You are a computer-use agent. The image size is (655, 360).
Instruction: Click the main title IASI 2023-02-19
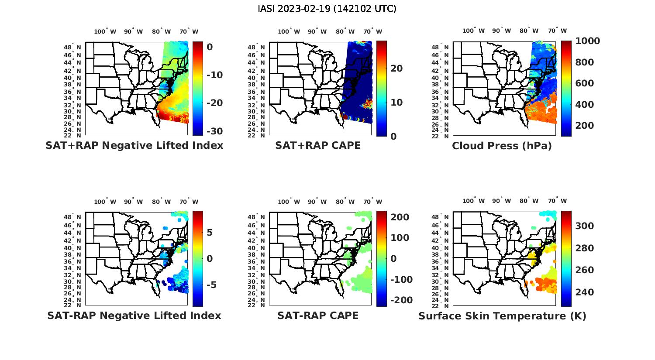pyautogui.click(x=327, y=9)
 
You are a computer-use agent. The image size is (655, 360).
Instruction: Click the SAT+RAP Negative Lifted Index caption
pyautogui.click(x=134, y=145)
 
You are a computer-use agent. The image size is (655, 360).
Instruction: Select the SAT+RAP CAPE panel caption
pyautogui.click(x=318, y=145)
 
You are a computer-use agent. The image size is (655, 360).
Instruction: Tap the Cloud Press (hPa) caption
pyautogui.click(x=502, y=146)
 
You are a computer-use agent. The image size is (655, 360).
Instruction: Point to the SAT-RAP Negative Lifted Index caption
pyautogui.click(x=134, y=315)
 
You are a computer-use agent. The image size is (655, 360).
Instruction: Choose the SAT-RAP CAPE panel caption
pyautogui.click(x=318, y=315)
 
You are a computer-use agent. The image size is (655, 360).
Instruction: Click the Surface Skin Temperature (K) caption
pyautogui.click(x=502, y=316)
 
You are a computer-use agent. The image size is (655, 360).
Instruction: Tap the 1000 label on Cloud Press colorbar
pyautogui.click(x=587, y=41)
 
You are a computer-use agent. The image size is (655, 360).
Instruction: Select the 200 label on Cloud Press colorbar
pyautogui.click(x=584, y=126)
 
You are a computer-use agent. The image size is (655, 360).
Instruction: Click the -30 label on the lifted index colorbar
pyautogui.click(x=214, y=131)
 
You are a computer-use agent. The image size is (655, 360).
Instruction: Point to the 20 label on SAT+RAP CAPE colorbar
pyautogui.click(x=396, y=69)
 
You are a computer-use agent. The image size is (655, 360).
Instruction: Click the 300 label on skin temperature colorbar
pyautogui.click(x=584, y=226)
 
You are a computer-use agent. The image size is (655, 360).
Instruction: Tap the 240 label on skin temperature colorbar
pyautogui.click(x=584, y=292)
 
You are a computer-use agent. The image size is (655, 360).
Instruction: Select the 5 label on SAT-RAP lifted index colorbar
pyautogui.click(x=210, y=232)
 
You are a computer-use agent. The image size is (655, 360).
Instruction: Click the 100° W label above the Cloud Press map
pyautogui.click(x=473, y=31)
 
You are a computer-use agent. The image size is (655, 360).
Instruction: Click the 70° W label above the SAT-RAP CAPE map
pyautogui.click(x=373, y=202)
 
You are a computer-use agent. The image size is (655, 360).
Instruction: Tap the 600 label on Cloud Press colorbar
pyautogui.click(x=584, y=83)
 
